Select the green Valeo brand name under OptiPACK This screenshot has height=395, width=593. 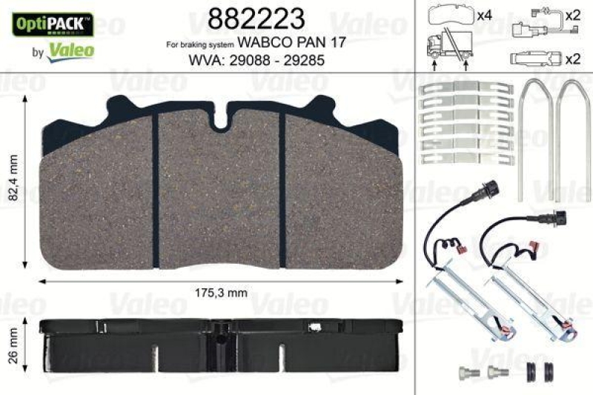tap(70, 50)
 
